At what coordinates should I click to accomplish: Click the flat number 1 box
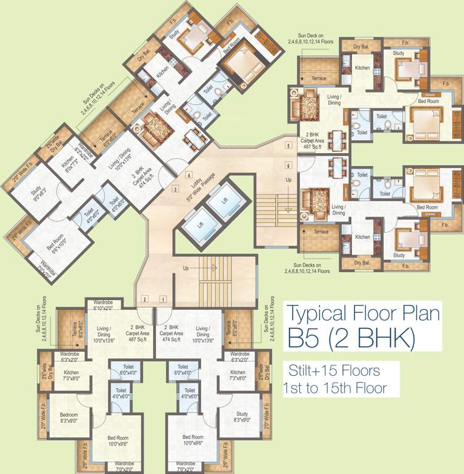click(x=164, y=299)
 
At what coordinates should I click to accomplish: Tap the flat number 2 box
click(x=144, y=299)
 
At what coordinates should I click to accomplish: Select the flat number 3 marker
click(x=175, y=189)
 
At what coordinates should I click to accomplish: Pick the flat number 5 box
click(x=288, y=146)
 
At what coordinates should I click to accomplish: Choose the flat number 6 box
click(x=288, y=165)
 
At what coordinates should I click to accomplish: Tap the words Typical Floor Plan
click(x=365, y=314)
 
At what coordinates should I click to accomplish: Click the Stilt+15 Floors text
click(x=334, y=372)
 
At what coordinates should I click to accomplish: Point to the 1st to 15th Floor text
click(x=334, y=389)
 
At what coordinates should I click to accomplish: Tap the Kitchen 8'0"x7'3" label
click(x=62, y=163)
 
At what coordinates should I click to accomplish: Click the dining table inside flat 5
click(x=337, y=138)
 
